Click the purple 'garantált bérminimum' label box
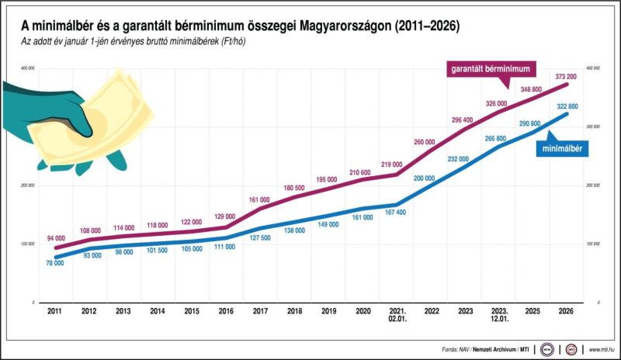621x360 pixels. (x=493, y=69)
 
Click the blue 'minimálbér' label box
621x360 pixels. (x=563, y=146)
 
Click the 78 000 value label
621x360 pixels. (x=54, y=264)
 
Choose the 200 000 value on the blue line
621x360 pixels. (x=425, y=178)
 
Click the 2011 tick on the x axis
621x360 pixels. (x=54, y=310)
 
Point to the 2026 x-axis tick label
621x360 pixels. (x=567, y=310)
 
